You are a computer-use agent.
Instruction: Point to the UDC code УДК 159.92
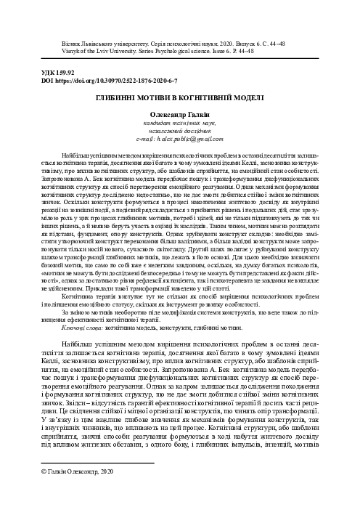[44, 73]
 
